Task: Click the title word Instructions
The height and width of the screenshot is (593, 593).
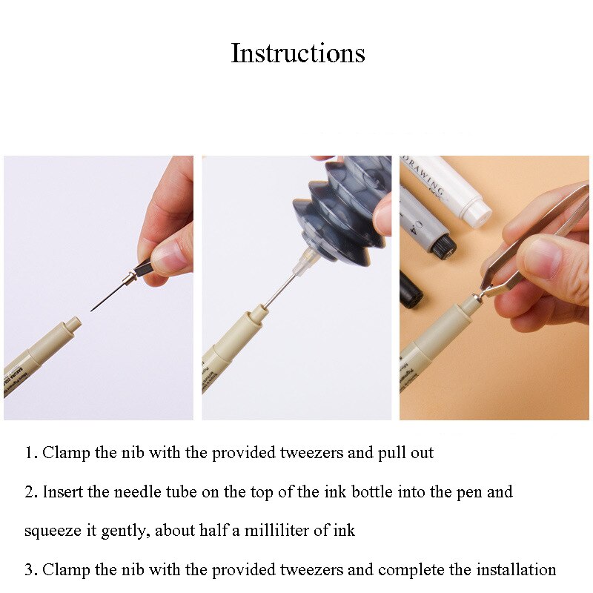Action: click(297, 53)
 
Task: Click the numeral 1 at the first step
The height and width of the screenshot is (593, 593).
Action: click(29, 453)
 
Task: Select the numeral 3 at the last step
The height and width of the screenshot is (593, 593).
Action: click(30, 570)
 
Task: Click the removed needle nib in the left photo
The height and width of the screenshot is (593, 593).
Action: click(111, 294)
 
